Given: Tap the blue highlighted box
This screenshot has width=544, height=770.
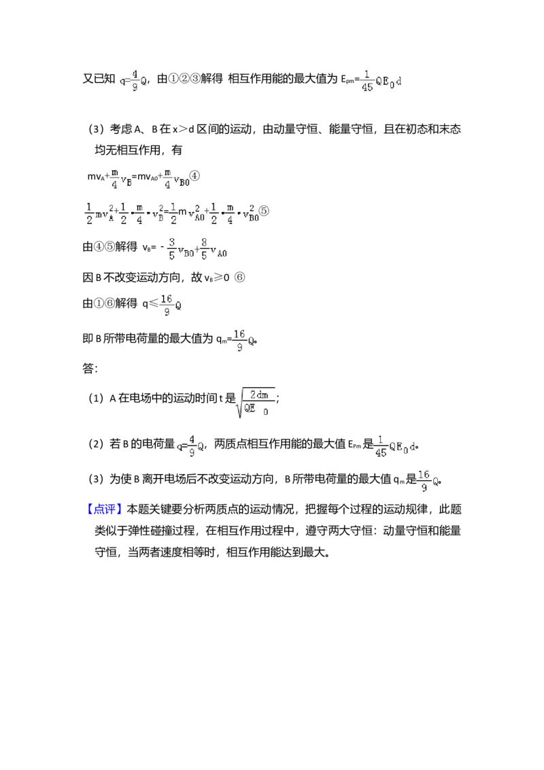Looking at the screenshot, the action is point(105,509).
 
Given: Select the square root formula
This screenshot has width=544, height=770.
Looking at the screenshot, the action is point(256,405).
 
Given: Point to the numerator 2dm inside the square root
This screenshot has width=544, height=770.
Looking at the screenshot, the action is point(259,395).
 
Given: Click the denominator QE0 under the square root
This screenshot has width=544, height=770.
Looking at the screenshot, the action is point(256,410).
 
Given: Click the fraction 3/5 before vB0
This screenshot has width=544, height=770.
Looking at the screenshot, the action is point(172,248).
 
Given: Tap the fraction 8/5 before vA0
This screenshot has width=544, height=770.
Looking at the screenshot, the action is point(204,248).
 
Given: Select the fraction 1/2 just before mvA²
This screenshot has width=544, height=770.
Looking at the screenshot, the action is point(89,213).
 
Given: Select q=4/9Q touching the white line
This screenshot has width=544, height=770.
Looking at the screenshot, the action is point(131,80).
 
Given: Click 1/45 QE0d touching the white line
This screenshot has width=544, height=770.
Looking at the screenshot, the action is point(381,80).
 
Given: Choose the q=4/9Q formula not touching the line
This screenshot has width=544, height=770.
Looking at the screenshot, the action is point(190,446).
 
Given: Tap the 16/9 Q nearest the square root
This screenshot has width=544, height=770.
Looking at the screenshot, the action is point(241,340).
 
